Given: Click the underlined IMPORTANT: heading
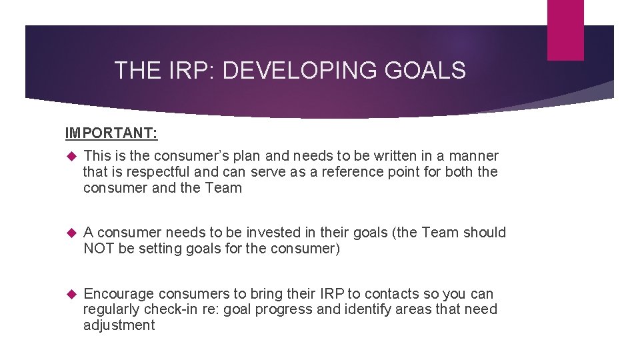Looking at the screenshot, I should click(x=111, y=133).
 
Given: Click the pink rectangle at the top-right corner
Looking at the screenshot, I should click(x=565, y=30).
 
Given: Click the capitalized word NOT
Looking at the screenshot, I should click(x=98, y=249).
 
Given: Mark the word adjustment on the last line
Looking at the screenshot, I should click(x=119, y=326).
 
